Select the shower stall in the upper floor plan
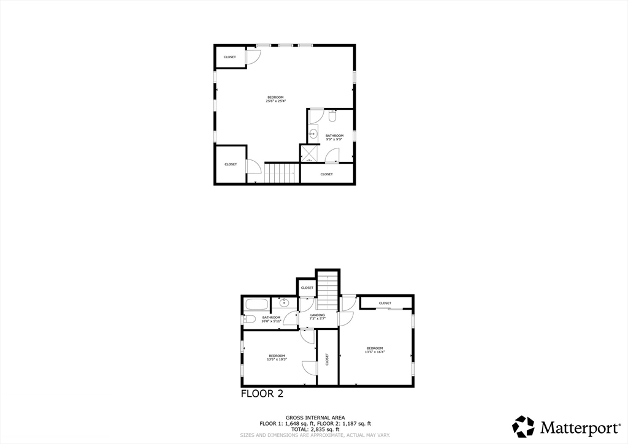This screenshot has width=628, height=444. pyautogui.click(x=308, y=153)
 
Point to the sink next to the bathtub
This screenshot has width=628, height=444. pyautogui.click(x=284, y=302)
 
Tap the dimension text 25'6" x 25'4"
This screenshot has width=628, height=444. pyautogui.click(x=275, y=101)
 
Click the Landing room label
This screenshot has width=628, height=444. pyautogui.click(x=317, y=315)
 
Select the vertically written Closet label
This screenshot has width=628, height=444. pyautogui.click(x=327, y=359)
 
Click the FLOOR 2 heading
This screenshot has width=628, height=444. pyautogui.click(x=262, y=394)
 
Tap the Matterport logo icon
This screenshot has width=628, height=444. pyautogui.click(x=524, y=426)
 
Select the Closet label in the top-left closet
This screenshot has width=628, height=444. pyautogui.click(x=229, y=57)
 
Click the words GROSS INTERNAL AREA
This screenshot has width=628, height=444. pyautogui.click(x=315, y=418)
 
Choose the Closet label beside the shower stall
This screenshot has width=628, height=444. pyautogui.click(x=326, y=174)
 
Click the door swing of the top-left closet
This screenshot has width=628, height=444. pyautogui.click(x=253, y=56)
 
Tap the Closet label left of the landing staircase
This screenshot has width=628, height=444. pyautogui.click(x=307, y=288)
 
